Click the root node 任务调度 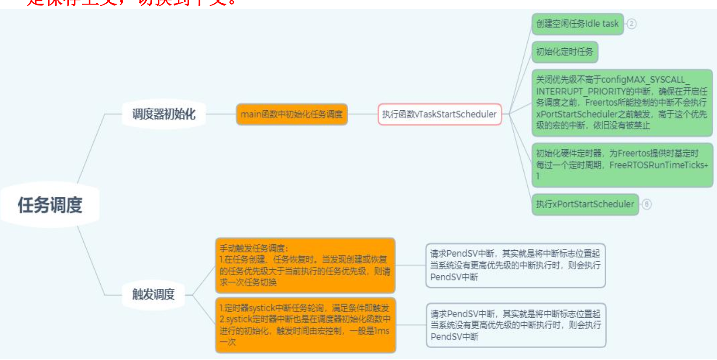50,205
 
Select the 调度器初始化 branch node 164,114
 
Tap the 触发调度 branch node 154,294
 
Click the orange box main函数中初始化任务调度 292,114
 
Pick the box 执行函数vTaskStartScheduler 439,114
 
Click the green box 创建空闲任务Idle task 577,24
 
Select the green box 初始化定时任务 564,52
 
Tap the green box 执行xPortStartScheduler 585,204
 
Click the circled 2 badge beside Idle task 631,24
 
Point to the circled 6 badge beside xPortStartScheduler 646,204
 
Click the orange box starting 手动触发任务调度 305,265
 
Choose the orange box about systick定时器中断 305,325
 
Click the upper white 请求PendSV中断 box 515,265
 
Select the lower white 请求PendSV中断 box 516,325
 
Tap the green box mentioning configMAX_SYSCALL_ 622,103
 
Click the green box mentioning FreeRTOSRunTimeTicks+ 622,165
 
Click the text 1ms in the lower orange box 382,331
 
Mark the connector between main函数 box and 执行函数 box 363,114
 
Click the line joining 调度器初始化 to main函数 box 221,114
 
